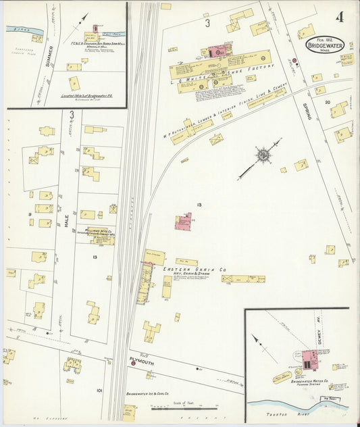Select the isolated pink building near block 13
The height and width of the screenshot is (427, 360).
pyautogui.click(x=183, y=222)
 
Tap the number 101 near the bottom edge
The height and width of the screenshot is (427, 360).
pyautogui.click(x=99, y=390)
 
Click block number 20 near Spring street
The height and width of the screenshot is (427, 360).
pyautogui.click(x=327, y=102)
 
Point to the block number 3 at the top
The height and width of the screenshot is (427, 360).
pyautogui.click(x=207, y=23)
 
